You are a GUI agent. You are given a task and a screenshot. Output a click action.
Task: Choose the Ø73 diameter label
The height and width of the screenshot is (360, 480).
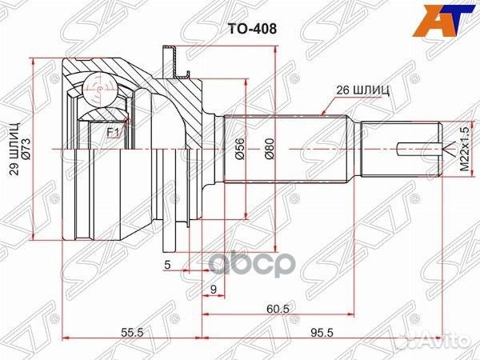(26, 150)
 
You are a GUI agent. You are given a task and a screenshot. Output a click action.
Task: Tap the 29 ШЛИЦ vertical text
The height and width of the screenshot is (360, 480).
(11, 150)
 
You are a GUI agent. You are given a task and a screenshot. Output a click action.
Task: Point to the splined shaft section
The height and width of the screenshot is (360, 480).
(288, 150)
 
